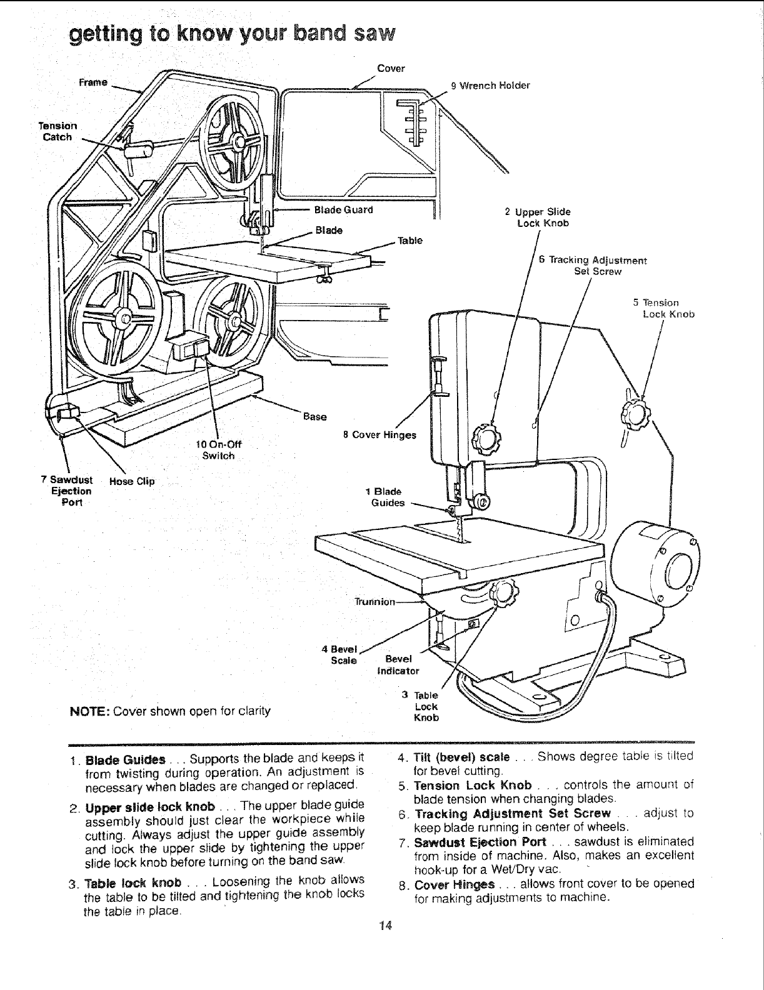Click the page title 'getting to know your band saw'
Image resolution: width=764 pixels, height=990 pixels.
231,33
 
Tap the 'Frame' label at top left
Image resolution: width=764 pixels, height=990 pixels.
93,82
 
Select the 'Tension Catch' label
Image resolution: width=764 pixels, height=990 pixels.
57,131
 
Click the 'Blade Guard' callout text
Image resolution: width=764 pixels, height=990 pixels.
343,210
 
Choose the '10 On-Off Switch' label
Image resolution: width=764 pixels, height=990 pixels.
219,450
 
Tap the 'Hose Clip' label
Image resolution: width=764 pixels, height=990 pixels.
131,481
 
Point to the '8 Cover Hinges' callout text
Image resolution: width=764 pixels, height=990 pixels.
379,435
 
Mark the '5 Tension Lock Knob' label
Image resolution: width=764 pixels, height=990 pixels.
666,309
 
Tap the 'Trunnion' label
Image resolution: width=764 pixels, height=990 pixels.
374,602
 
